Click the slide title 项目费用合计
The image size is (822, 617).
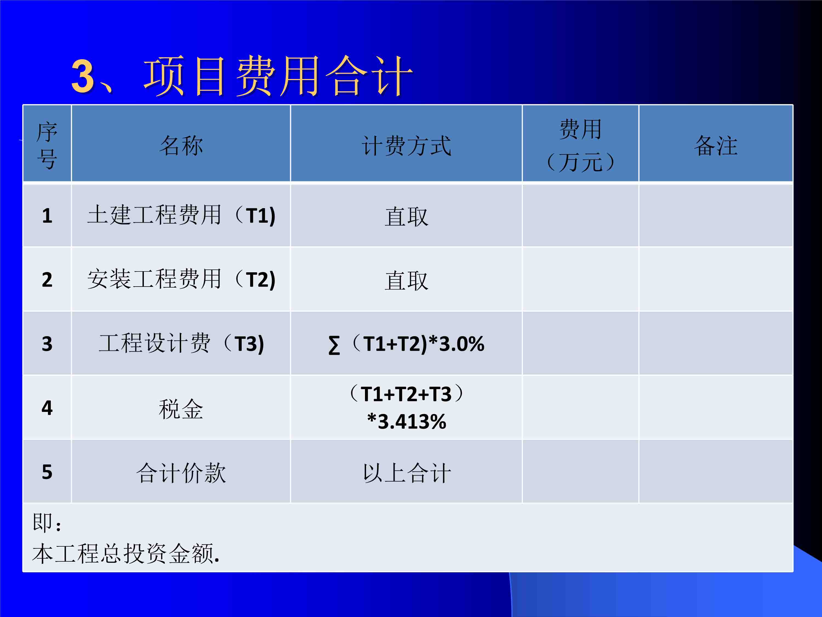[278, 76]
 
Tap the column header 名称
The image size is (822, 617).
[181, 145]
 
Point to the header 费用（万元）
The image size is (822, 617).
[580, 145]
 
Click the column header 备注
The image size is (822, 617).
[716, 145]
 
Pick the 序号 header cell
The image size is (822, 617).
[47, 145]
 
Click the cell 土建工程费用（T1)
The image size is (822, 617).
[181, 215]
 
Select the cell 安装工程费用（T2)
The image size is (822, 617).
[181, 279]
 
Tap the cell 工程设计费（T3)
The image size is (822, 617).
[181, 343]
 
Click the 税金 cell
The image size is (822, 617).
[181, 409]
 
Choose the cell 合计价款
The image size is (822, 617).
[181, 473]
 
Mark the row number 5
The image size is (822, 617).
[47, 472]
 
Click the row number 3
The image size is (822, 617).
[47, 344]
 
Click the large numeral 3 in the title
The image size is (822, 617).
[82, 76]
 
